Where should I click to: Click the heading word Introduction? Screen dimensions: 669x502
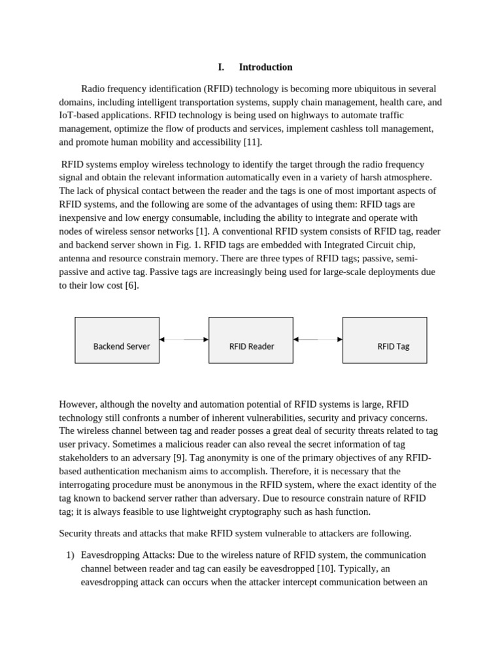click(x=265, y=67)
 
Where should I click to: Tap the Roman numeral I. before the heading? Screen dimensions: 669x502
click(x=221, y=67)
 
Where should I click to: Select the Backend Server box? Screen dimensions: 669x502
click(x=117, y=340)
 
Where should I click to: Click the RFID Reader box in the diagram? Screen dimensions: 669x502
click(x=251, y=340)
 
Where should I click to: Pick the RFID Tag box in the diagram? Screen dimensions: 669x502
click(x=384, y=340)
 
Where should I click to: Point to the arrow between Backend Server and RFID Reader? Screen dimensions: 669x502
click(x=184, y=340)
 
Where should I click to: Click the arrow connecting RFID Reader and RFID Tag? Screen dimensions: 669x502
click(x=318, y=340)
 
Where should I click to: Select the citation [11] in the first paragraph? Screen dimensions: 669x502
click(x=252, y=142)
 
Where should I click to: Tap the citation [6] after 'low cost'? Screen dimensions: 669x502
click(x=131, y=286)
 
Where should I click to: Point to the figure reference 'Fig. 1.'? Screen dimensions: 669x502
click(x=188, y=245)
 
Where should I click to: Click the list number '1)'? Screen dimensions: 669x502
click(x=71, y=555)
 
